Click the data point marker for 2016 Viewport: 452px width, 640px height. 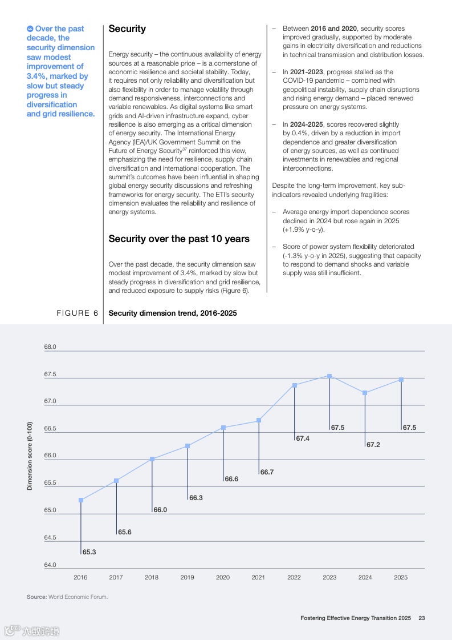pos(81,500)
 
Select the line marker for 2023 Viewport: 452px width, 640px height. pos(329,376)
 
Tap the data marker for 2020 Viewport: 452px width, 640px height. pos(223,428)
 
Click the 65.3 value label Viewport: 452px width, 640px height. pos(89,552)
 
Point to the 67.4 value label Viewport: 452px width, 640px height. pos(303,438)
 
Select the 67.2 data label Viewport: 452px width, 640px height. pos(373,444)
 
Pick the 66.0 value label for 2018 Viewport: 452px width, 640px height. pos(160,509)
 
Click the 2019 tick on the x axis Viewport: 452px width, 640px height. pos(187,577)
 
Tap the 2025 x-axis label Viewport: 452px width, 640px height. pos(401,577)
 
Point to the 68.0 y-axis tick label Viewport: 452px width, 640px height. pos(50,347)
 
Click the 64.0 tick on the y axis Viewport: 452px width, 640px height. pos(50,565)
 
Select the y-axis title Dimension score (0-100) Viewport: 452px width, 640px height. pos(30,456)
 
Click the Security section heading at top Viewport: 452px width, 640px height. pos(127,29)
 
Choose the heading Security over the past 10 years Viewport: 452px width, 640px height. pos(179,239)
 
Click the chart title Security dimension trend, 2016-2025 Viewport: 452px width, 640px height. pos(172,313)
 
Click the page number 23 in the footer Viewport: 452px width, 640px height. pos(422,618)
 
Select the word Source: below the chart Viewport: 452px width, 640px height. pos(36,597)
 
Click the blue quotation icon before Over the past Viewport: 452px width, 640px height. pos(30,29)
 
